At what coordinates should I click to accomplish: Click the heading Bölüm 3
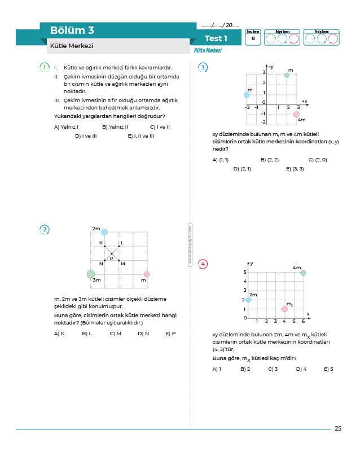pyautogui.click(x=72, y=30)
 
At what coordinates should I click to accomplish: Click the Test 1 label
pyautogui.click(x=216, y=38)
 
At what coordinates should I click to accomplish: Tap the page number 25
pyautogui.click(x=337, y=428)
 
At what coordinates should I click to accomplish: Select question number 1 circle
pyautogui.click(x=45, y=68)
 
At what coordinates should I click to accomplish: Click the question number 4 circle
pyautogui.click(x=203, y=264)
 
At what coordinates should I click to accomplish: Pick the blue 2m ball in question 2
pyautogui.click(x=104, y=231)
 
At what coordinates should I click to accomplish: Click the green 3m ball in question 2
pyautogui.click(x=91, y=274)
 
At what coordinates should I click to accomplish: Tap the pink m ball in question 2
pyautogui.click(x=147, y=274)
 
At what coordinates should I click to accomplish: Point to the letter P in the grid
pyautogui.click(x=112, y=258)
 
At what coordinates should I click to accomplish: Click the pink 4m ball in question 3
pyautogui.click(x=297, y=115)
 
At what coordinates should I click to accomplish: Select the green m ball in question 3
pyautogui.click(x=287, y=74)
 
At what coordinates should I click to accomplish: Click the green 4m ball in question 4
pyautogui.click(x=303, y=273)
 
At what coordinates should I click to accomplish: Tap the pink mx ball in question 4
pyautogui.click(x=284, y=309)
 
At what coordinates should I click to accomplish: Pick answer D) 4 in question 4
pyautogui.click(x=301, y=369)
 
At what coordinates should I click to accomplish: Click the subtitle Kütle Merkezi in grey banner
pyautogui.click(x=72, y=46)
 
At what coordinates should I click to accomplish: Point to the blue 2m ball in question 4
pyautogui.click(x=248, y=300)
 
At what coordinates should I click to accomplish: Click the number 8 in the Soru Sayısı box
pyautogui.click(x=253, y=38)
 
